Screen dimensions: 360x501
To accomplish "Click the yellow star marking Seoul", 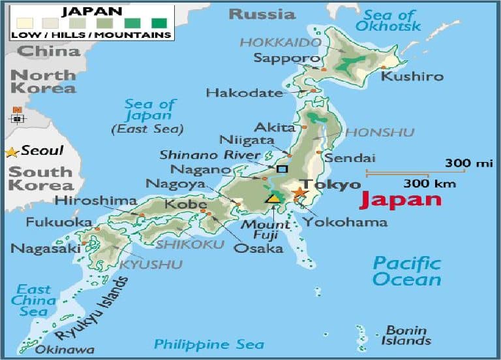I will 11,152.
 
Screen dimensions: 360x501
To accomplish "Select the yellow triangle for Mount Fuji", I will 274,197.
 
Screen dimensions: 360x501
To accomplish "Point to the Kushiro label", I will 412,76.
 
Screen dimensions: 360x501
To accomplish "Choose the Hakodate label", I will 244,93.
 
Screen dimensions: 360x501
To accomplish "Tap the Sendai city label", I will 350,158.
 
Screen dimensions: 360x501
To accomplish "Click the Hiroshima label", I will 96,201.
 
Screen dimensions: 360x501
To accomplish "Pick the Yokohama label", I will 344,222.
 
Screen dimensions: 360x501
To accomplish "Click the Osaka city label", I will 259,248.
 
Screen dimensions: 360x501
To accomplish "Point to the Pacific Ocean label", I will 406,271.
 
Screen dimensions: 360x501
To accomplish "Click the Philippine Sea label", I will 209,344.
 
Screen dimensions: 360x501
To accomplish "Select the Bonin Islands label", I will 408,335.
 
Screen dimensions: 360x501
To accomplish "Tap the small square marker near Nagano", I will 282,169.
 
